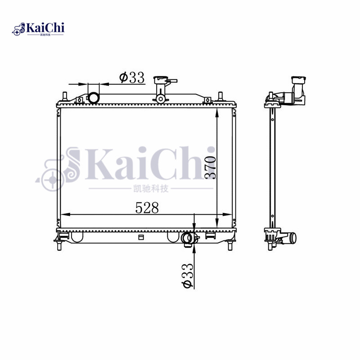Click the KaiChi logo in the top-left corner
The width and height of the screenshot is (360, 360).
(38, 29)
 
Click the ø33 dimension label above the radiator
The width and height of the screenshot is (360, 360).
(132, 77)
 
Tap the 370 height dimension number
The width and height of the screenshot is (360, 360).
(211, 167)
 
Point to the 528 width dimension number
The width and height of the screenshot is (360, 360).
(148, 207)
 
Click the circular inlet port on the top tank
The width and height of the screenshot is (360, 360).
(93, 97)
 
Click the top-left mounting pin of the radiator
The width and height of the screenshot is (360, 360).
(65, 96)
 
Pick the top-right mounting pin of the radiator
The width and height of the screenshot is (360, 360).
(220, 96)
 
